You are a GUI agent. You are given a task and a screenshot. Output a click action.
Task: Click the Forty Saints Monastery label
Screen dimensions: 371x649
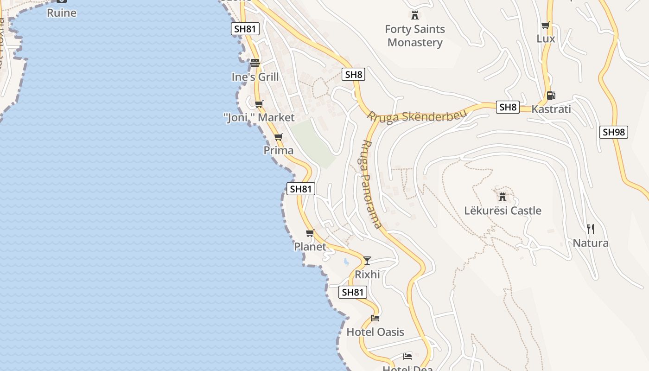point(415,36)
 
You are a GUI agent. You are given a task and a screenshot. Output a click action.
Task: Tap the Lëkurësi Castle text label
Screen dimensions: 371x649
point(503,211)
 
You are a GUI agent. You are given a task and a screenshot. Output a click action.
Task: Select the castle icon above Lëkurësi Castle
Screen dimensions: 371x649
point(502,197)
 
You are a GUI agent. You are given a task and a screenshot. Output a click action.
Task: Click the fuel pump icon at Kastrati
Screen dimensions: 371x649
point(551,96)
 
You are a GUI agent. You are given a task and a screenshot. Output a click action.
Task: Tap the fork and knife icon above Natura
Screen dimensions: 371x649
point(590,229)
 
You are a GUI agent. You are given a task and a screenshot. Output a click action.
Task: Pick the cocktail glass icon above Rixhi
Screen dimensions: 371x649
point(367,260)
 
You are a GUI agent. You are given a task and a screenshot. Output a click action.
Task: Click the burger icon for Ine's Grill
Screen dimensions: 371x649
point(255,63)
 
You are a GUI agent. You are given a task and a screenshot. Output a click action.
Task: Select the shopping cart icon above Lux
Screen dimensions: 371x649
point(546,25)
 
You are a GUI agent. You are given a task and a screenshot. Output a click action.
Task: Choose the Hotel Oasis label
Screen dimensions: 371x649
point(375,332)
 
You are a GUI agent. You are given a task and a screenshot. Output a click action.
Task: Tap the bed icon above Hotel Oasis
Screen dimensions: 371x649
point(375,318)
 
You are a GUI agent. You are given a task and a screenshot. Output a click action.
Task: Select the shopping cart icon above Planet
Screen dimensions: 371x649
point(310,233)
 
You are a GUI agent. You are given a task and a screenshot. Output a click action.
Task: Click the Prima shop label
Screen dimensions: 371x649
point(278,150)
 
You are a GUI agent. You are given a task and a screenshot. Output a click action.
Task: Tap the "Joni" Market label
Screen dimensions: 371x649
point(259,118)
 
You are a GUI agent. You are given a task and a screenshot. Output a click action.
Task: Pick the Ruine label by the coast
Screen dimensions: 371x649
point(62,13)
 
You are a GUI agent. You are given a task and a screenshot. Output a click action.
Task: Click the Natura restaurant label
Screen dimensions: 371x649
point(590,243)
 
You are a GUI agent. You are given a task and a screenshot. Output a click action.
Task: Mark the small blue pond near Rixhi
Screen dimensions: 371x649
point(346,262)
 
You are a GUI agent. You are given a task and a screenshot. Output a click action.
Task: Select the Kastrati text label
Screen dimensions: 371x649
point(551,109)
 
